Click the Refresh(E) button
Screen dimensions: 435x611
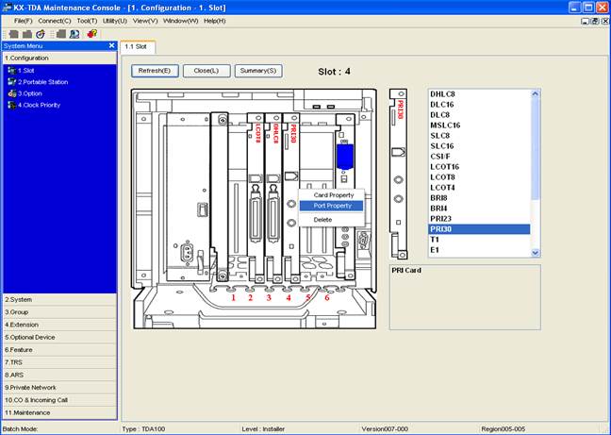154,71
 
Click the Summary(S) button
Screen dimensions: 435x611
257,71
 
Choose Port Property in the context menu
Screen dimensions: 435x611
332,206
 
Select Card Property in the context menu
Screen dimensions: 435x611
333,195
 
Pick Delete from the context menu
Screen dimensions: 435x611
322,219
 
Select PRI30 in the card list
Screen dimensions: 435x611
441,229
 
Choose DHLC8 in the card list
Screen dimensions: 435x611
444,94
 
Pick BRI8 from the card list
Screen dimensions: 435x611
439,197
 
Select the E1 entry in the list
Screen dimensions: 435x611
436,250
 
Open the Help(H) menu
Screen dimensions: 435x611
214,20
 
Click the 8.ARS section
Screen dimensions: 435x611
17,374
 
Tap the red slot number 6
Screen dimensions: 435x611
327,297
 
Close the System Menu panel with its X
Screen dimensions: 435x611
111,45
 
